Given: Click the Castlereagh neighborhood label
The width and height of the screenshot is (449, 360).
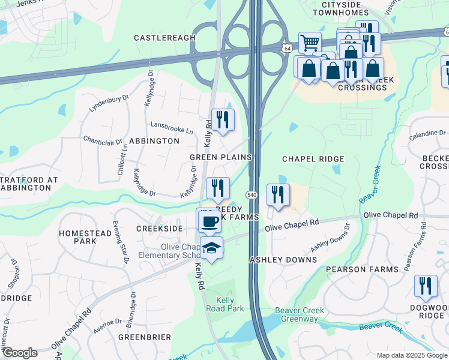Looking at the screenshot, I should click(x=164, y=38).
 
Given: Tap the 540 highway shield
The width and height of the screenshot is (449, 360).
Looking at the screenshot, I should click(x=252, y=195).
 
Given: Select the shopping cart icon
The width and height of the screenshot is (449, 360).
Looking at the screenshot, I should click(x=310, y=43).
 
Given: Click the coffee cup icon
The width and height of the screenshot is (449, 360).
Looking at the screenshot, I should click(x=209, y=221).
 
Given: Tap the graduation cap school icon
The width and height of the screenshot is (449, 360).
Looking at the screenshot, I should click(x=211, y=248).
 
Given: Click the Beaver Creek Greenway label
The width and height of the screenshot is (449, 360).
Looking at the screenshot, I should click(x=300, y=314).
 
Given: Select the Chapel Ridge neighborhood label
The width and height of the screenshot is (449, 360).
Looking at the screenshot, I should click(x=313, y=159).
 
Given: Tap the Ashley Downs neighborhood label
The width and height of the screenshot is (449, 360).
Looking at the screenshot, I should click(x=283, y=260).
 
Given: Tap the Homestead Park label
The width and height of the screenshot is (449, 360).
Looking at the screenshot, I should click(x=77, y=236).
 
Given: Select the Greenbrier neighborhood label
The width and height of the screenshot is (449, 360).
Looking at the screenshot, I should click(x=145, y=337).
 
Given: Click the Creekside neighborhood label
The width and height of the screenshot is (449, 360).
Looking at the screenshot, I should click(x=159, y=229).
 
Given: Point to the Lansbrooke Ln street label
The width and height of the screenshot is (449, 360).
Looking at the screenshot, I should click(x=172, y=130).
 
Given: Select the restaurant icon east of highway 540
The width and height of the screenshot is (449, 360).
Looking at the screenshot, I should click(x=277, y=194).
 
